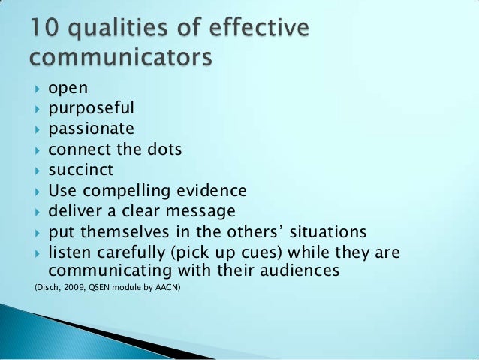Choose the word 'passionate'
91,129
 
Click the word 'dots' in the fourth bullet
164,149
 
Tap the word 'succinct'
82,169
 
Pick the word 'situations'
327,231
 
